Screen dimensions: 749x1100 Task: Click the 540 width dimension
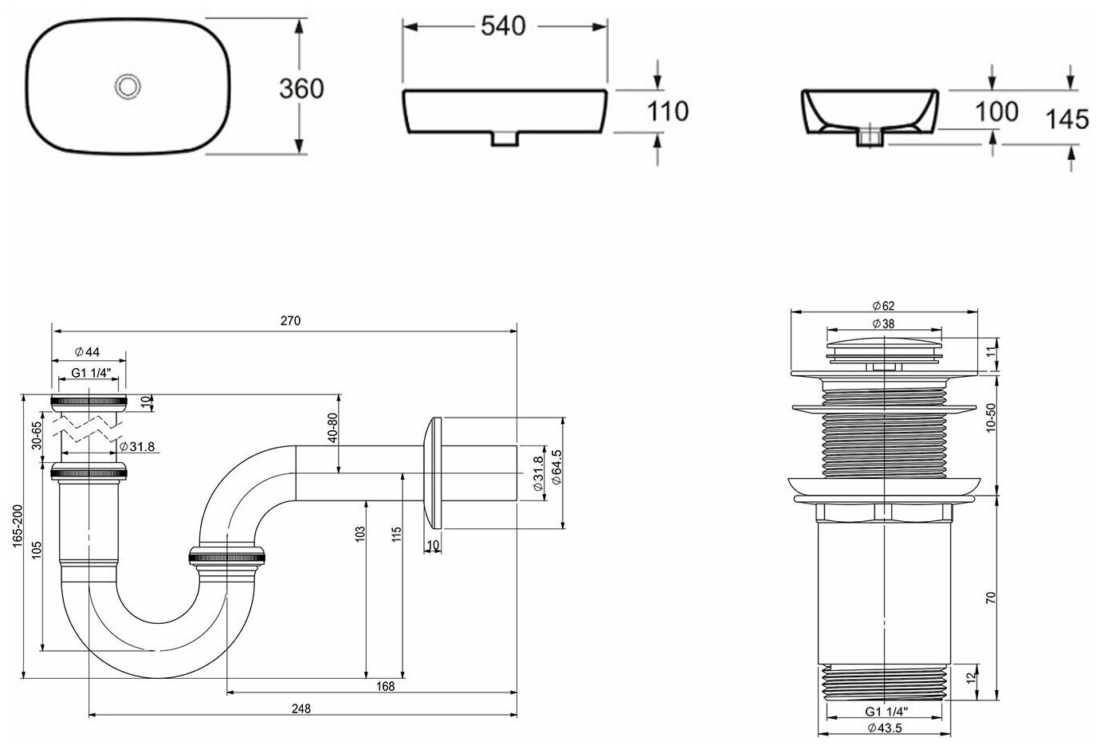click(504, 26)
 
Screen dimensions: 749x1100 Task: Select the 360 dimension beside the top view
click(301, 88)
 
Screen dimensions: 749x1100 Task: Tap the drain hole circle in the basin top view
click(127, 86)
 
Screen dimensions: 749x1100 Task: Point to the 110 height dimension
click(666, 112)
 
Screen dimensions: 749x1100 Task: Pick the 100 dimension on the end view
click(996, 112)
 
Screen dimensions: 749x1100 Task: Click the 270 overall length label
click(290, 321)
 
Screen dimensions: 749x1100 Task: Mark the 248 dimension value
click(301, 708)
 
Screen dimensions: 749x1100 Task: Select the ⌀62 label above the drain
click(884, 306)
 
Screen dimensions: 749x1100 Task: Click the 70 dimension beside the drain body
click(990, 597)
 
